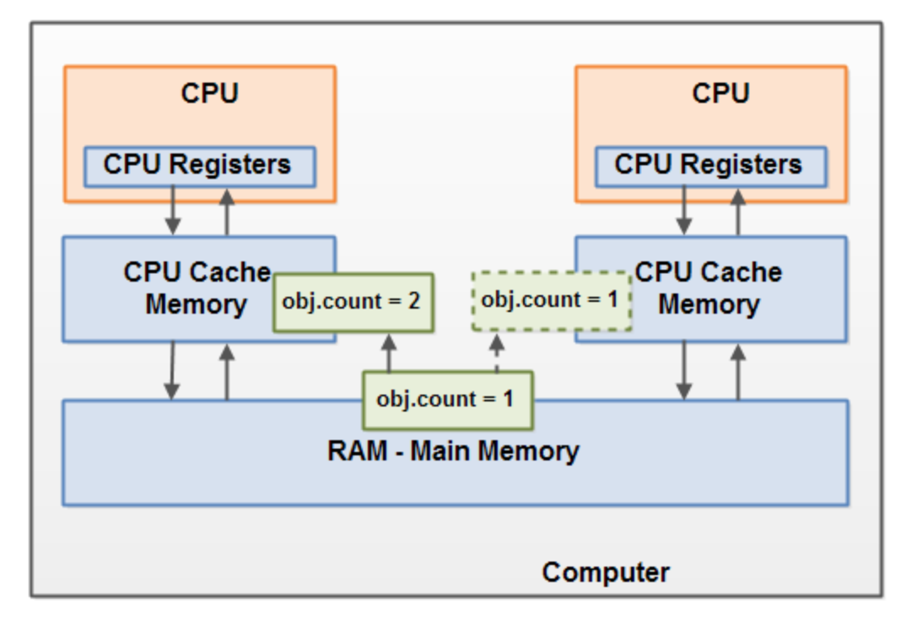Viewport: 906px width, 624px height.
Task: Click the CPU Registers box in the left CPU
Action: coord(199,166)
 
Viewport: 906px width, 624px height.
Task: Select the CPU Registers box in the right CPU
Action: coord(710,166)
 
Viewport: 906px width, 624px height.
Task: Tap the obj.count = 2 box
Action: coord(353,302)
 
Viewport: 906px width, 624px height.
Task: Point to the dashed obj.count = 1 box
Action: coord(551,300)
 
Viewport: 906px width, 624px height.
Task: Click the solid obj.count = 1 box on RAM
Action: coord(447,399)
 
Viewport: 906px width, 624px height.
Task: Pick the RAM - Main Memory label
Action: coord(453,451)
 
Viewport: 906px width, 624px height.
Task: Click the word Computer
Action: coord(606,573)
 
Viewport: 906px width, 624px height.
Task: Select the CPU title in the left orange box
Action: coord(209,93)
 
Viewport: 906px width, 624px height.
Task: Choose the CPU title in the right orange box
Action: coord(720,93)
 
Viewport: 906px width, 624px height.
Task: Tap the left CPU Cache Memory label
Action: coord(197,288)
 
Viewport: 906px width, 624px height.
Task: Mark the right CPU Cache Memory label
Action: coord(709,288)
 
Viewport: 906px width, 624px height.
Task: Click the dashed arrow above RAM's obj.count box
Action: coord(497,352)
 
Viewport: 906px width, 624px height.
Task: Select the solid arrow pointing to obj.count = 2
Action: coord(389,352)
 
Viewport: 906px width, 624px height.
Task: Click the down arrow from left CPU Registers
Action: coord(172,212)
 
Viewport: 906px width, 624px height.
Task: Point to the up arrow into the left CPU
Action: coord(226,212)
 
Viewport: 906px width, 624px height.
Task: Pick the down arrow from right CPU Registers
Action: coord(684,212)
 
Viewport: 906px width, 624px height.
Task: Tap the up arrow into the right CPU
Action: coord(738,212)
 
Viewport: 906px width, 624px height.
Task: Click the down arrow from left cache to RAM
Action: coord(172,371)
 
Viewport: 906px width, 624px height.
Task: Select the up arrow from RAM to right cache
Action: coord(738,371)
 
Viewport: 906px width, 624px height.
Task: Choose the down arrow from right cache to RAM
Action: coord(684,371)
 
